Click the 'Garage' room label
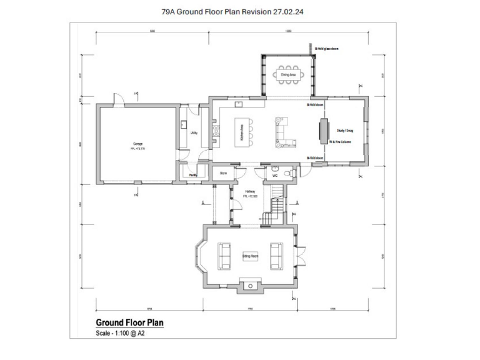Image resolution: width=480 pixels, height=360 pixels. click(137, 144)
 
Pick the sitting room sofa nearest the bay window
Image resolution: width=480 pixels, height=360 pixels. click(223, 255)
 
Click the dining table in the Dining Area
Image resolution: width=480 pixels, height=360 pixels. click(288, 74)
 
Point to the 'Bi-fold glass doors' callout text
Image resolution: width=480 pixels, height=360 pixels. click(326, 47)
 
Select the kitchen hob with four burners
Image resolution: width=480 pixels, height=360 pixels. click(217, 131)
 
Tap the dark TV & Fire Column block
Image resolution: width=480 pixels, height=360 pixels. click(324, 132)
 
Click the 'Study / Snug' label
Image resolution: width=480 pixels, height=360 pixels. click(345, 131)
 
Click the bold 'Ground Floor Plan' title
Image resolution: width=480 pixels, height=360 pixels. click(129, 322)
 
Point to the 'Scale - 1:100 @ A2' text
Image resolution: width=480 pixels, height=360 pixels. click(121, 333)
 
